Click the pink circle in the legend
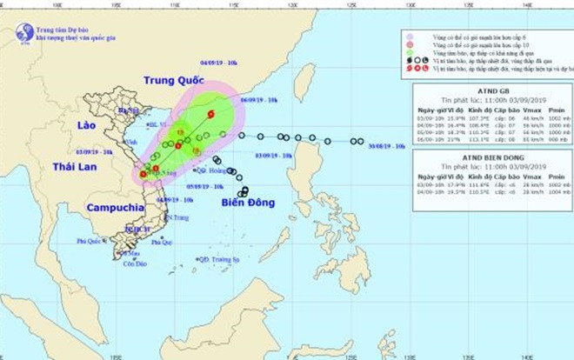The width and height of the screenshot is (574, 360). (x=409, y=37)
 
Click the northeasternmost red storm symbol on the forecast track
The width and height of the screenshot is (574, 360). (x=210, y=114)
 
